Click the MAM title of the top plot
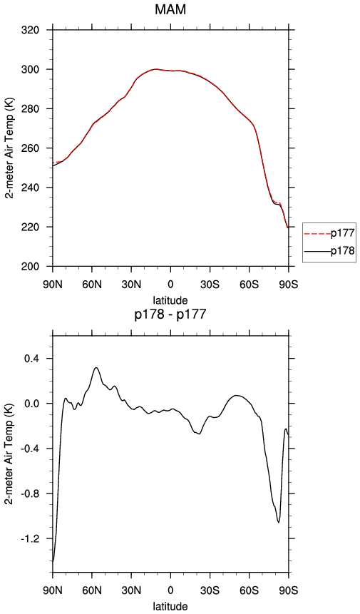click(x=170, y=9)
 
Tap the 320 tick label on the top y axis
click(x=31, y=30)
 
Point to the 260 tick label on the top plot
click(x=31, y=148)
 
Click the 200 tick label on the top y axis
click(x=31, y=266)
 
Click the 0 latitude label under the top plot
click(x=170, y=285)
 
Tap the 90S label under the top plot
click(x=289, y=285)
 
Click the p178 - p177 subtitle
click(x=170, y=314)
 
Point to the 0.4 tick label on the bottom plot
click(x=34, y=358)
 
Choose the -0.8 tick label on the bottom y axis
click(x=33, y=493)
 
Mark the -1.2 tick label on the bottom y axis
click(x=33, y=538)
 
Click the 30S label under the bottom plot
click(x=210, y=590)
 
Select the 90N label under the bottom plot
click(x=53, y=590)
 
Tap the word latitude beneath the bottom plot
click(x=170, y=606)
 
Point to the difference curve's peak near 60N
click(x=96, y=367)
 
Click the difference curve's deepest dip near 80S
click(x=279, y=523)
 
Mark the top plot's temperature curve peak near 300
click(x=155, y=69)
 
